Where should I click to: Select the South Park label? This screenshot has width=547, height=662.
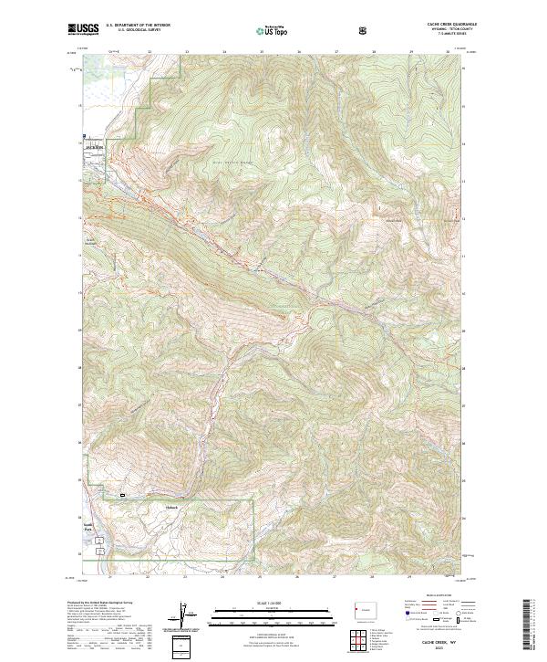click(x=90, y=528)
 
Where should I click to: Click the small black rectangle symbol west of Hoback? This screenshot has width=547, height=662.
click(x=122, y=496)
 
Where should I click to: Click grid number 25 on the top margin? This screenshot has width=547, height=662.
click(x=260, y=52)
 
